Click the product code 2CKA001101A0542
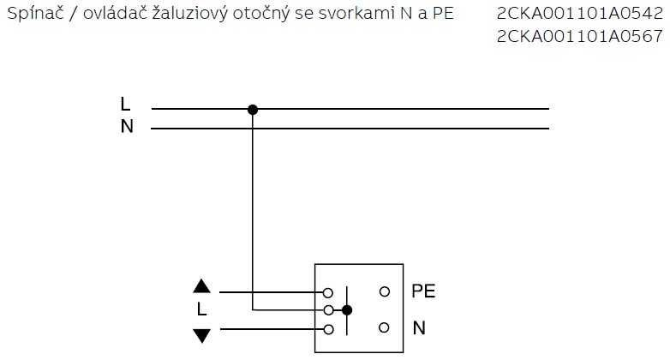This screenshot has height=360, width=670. pyautogui.click(x=579, y=15)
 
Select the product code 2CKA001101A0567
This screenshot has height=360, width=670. pyautogui.click(x=579, y=36)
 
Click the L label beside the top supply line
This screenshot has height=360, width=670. pyautogui.click(x=126, y=105)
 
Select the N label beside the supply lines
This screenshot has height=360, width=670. pyautogui.click(x=127, y=127)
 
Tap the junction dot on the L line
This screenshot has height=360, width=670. pyautogui.click(x=252, y=109)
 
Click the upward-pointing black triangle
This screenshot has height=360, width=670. pyautogui.click(x=201, y=286)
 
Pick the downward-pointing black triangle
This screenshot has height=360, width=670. pyautogui.click(x=201, y=334)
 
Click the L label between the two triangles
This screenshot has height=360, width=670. pyautogui.click(x=201, y=310)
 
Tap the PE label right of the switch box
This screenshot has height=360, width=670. pyautogui.click(x=423, y=291)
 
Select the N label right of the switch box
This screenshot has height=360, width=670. pyautogui.click(x=419, y=327)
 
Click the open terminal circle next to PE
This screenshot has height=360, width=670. pyautogui.click(x=384, y=291)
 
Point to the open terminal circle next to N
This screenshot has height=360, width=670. pyautogui.click(x=384, y=327)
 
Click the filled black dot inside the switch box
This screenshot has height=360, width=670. pyautogui.click(x=346, y=309)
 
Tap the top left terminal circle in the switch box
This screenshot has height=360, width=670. pyautogui.click(x=328, y=292)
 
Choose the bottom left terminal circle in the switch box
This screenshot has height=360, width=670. pyautogui.click(x=328, y=328)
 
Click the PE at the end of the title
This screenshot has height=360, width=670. pyautogui.click(x=444, y=15)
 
